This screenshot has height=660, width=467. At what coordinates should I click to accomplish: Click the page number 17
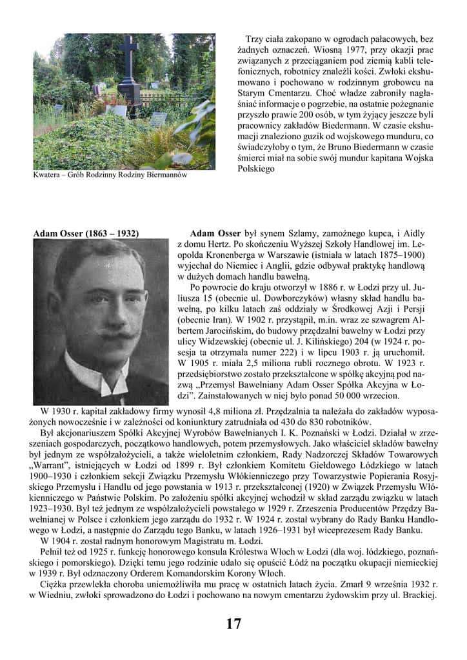click(234, 623)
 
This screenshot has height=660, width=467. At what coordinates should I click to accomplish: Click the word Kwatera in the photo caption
click(48, 175)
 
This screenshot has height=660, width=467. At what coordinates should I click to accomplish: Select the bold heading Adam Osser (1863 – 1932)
click(86, 233)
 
